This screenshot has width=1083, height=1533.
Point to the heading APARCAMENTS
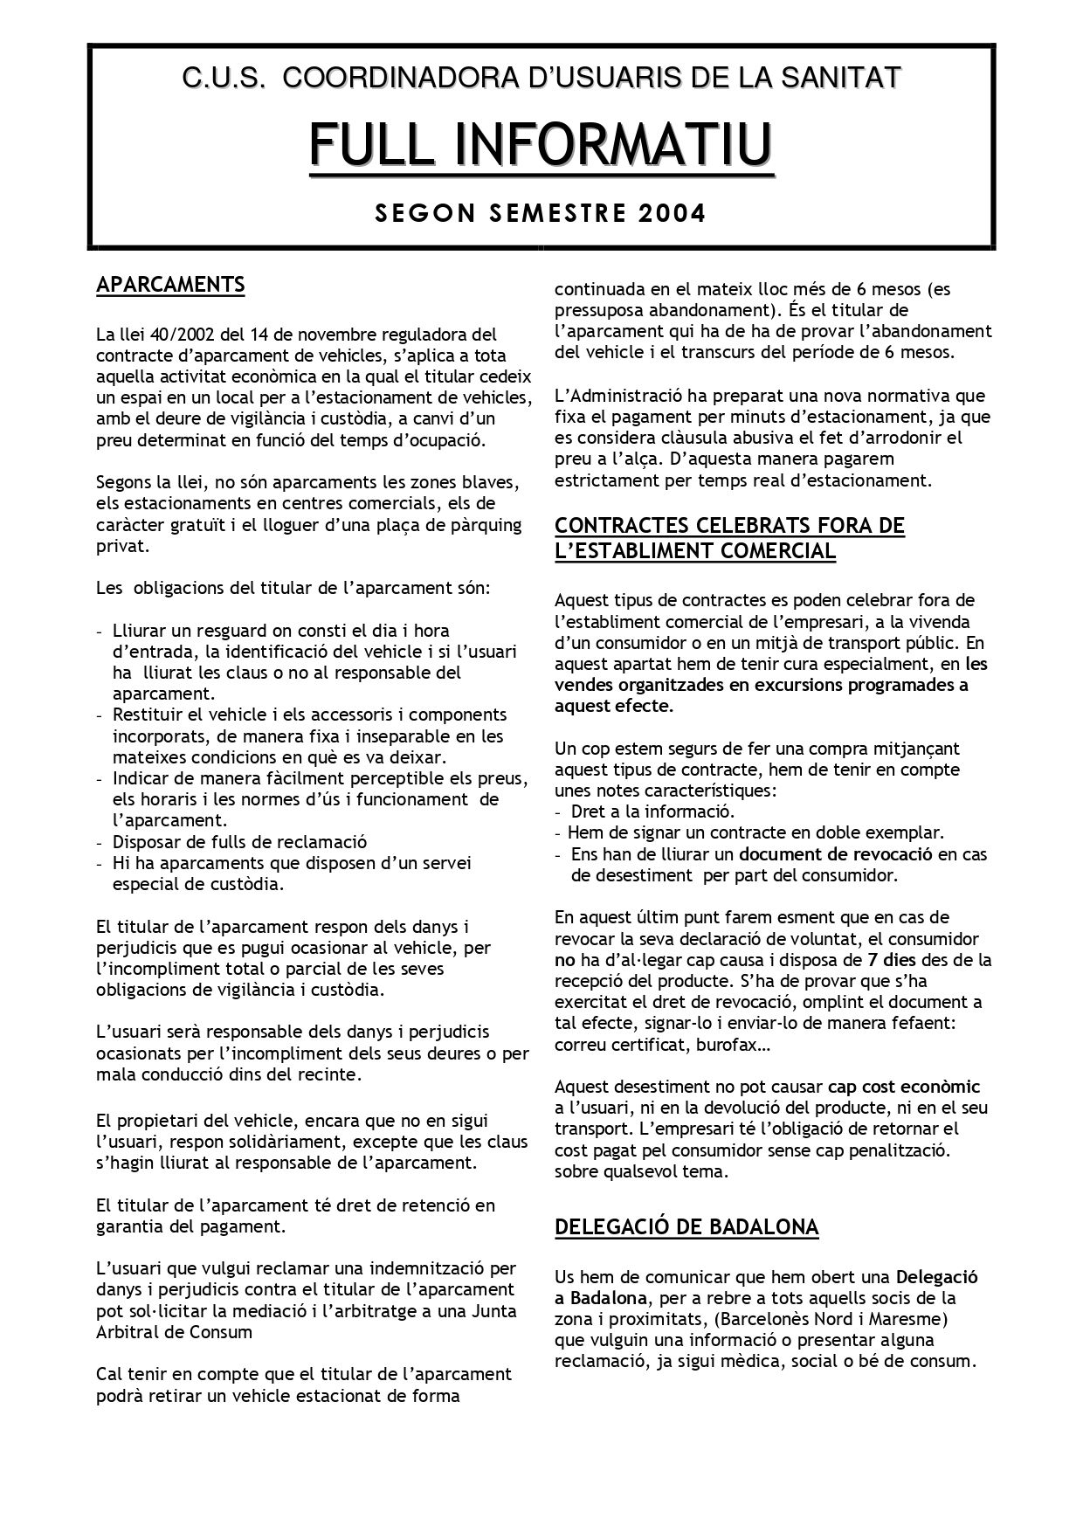170,285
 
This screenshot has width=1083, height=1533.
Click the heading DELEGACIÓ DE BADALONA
686,1227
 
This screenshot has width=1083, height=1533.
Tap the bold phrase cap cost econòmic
904,1088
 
